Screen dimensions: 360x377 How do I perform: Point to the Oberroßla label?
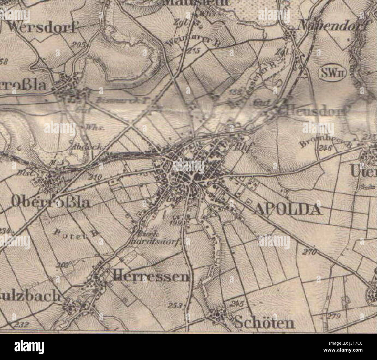pyautogui.click(x=50, y=203)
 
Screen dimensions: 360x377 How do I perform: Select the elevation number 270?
pyautogui.click(x=310, y=252)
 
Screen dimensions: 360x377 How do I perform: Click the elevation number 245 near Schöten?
pyautogui.click(x=237, y=304)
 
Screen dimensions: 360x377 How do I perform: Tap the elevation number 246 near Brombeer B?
pyautogui.click(x=324, y=148)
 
